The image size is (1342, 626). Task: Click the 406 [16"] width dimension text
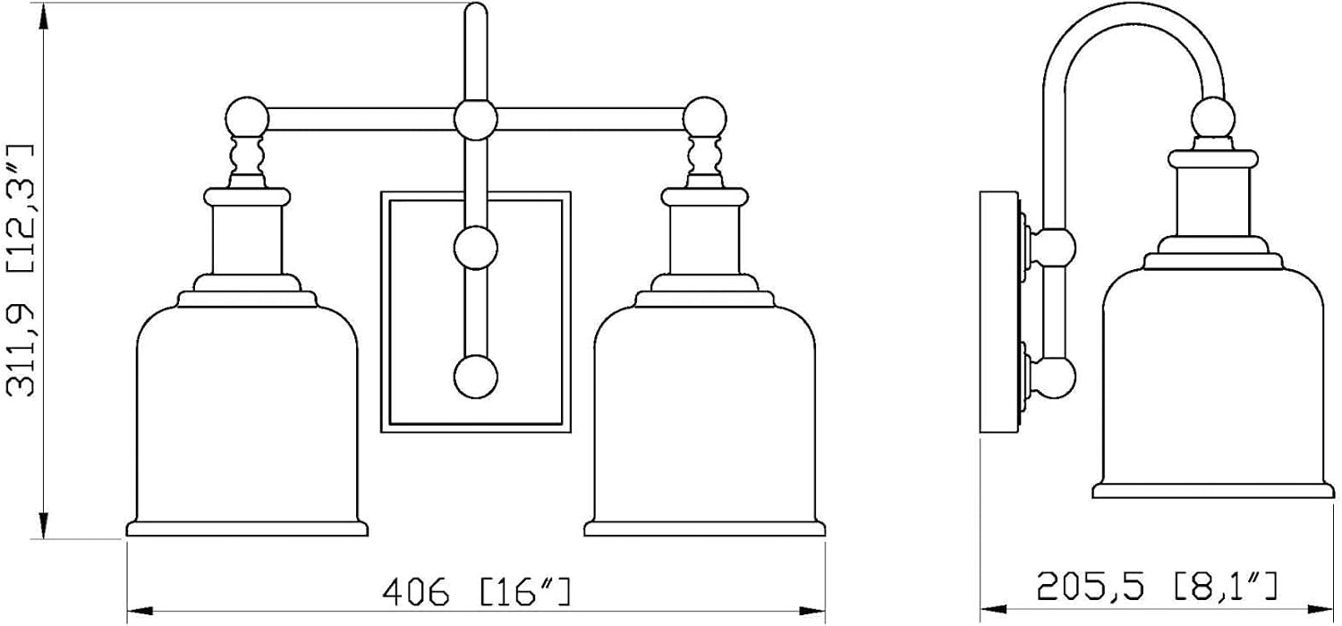pos(476,592)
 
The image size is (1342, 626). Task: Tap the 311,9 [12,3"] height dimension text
pos(21,270)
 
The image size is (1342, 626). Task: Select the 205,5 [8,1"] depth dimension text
pos(1158,587)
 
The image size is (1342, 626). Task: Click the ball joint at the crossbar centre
pos(476,119)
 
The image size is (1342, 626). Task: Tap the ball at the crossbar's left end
pos(247,118)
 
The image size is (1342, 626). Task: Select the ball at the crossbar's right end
pos(705,118)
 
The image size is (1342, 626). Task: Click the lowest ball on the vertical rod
pos(476,376)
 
